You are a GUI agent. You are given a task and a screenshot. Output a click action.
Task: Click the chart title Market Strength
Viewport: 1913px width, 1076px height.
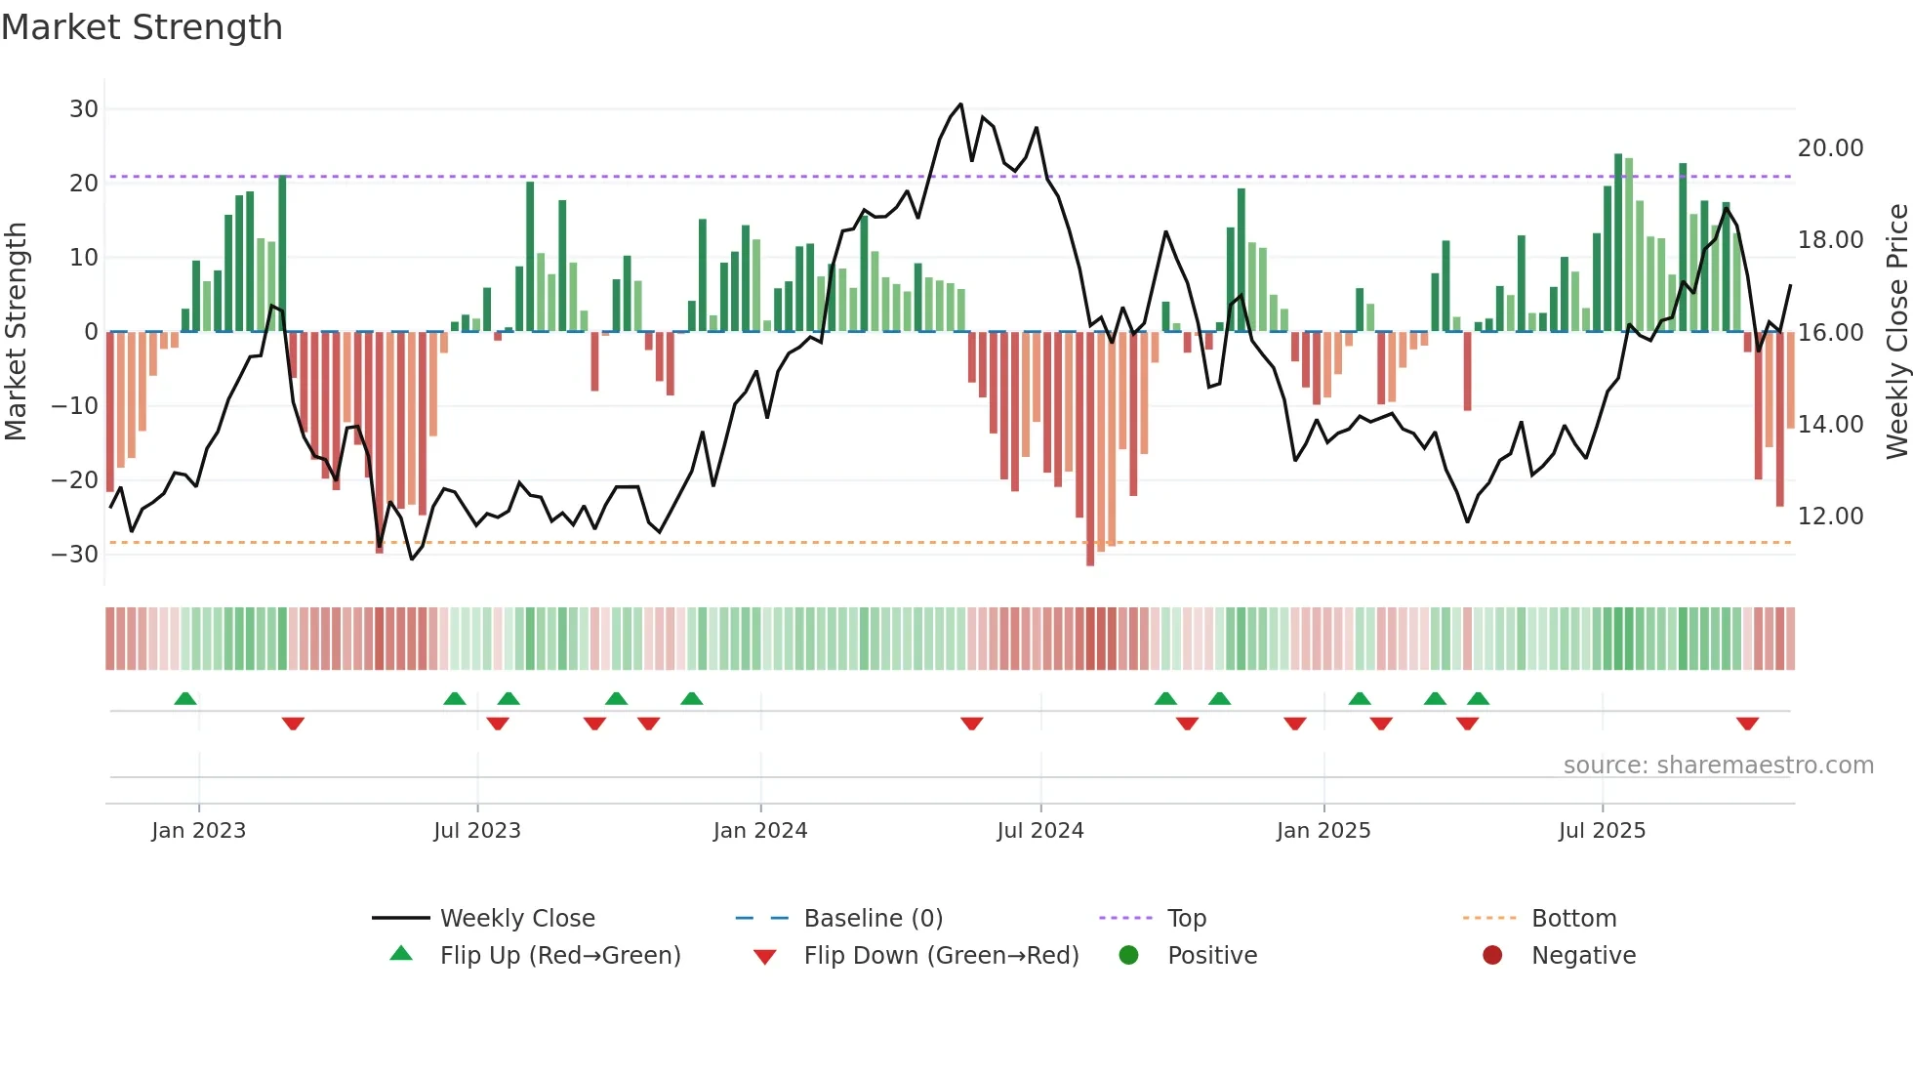click(x=142, y=27)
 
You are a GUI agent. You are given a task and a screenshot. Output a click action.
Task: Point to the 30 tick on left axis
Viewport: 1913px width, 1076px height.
click(x=84, y=109)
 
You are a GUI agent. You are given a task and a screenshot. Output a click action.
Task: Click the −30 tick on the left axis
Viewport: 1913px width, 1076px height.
click(x=75, y=555)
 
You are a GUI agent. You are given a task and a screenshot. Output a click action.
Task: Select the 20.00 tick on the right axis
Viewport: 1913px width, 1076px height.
click(x=1830, y=148)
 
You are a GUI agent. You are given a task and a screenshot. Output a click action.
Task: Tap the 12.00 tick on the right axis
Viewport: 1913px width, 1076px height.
click(x=1830, y=517)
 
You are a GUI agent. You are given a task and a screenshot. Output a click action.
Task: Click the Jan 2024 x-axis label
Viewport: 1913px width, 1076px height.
click(x=760, y=831)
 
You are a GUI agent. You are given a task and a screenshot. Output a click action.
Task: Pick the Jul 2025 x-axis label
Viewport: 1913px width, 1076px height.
click(x=1602, y=831)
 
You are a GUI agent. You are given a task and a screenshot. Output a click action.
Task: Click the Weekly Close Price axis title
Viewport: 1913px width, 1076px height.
click(x=1896, y=332)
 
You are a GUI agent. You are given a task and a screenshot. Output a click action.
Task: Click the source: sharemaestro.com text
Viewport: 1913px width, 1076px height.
click(x=1718, y=766)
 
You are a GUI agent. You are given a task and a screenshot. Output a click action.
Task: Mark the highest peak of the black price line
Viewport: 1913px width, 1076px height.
click(x=960, y=104)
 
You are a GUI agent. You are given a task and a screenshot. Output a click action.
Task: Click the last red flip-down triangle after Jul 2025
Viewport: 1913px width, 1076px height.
click(x=1747, y=724)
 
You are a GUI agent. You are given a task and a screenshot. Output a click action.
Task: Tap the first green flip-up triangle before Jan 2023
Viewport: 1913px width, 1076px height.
click(x=185, y=698)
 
